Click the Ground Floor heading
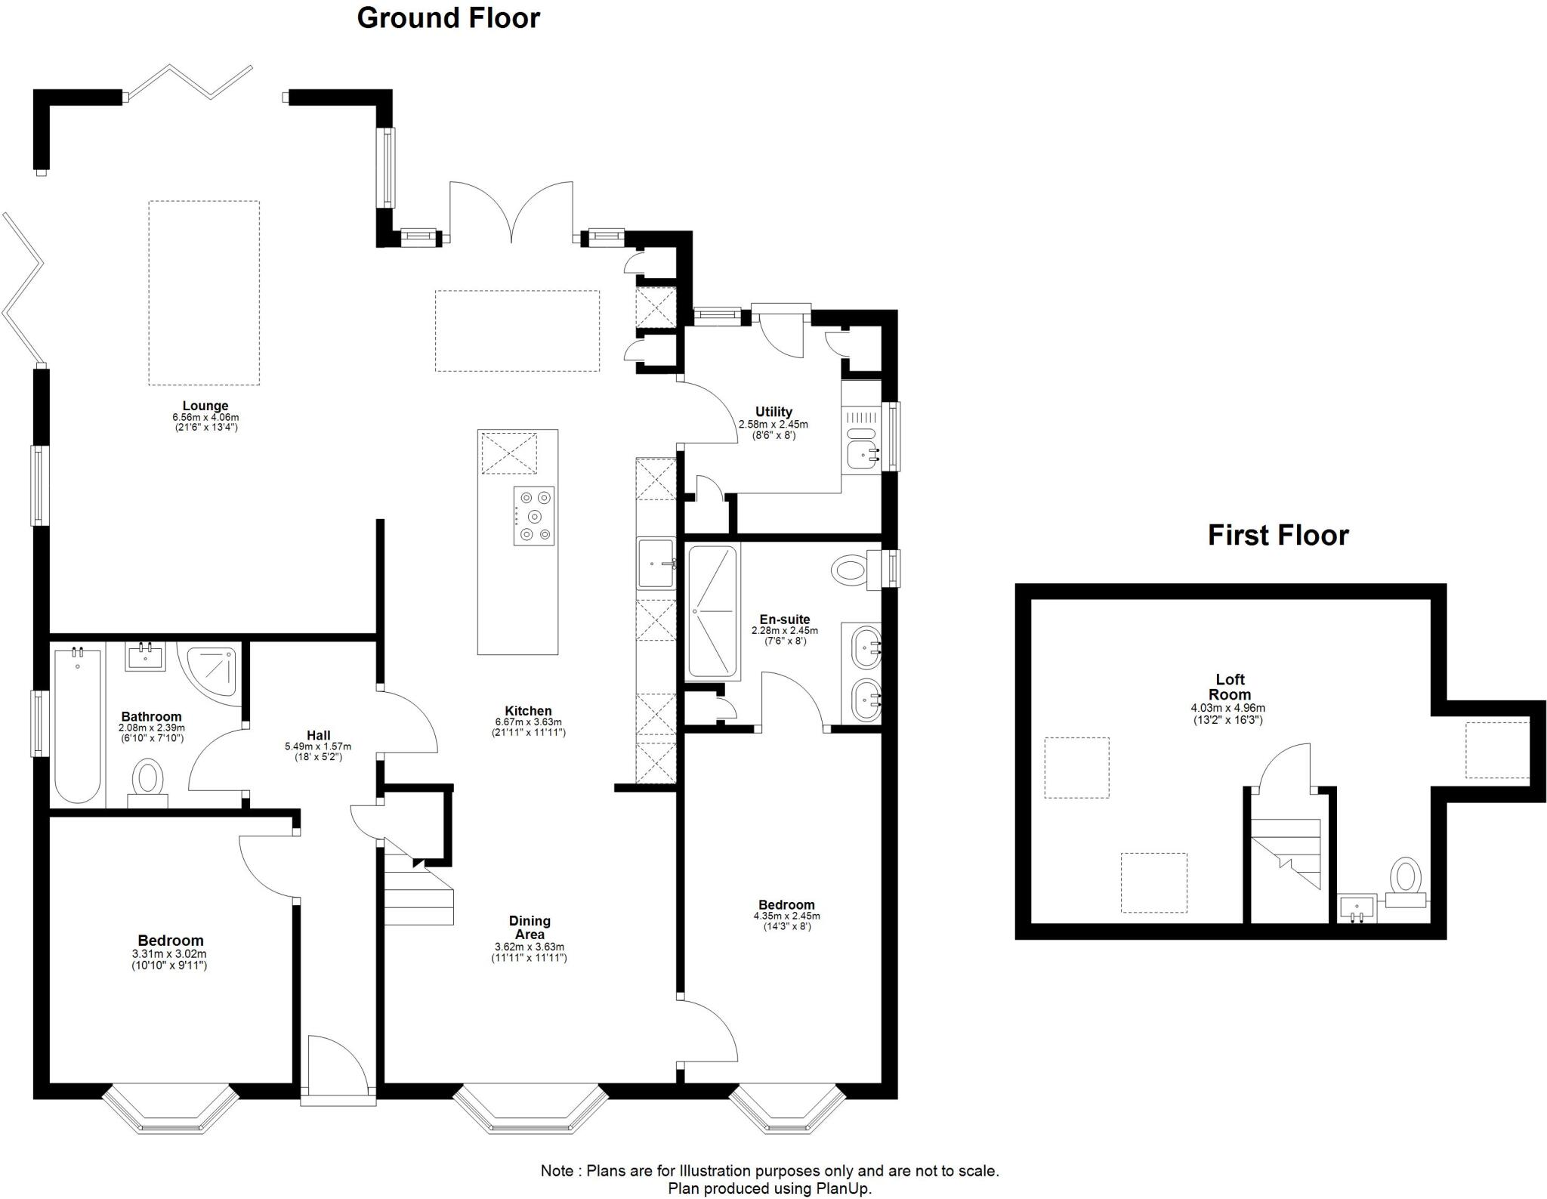point(448,18)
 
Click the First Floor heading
point(1277,535)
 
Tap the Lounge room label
point(205,406)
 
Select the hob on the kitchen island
point(534,516)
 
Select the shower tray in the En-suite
point(712,610)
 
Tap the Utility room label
point(773,412)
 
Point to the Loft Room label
point(1229,687)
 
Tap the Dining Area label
point(530,927)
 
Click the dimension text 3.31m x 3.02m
point(170,953)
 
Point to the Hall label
point(318,735)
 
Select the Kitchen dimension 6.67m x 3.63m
point(528,722)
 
